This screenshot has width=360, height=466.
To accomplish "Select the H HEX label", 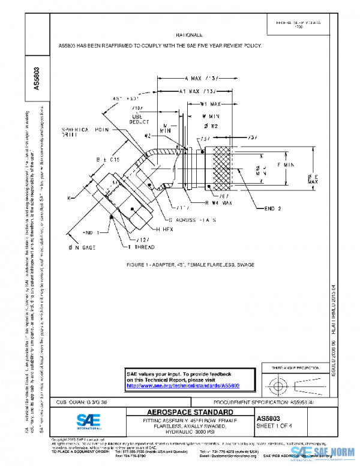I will pos(164,229).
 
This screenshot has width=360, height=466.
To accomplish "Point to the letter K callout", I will pos(70,197).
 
